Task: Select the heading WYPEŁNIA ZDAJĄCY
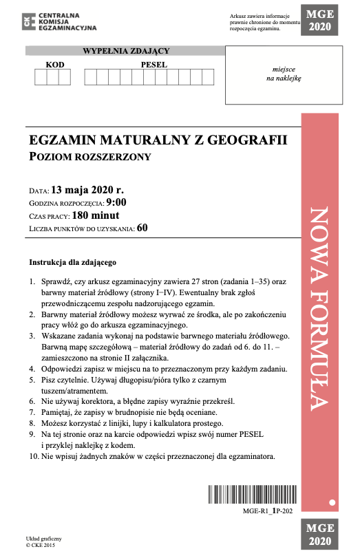pos(126,50)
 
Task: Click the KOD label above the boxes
pos(54,64)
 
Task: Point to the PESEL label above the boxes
pos(154,64)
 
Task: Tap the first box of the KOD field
pos(41,77)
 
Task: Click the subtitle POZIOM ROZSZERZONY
pos(89,157)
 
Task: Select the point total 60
pos(142,228)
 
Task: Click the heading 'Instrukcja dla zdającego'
pos(73,262)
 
